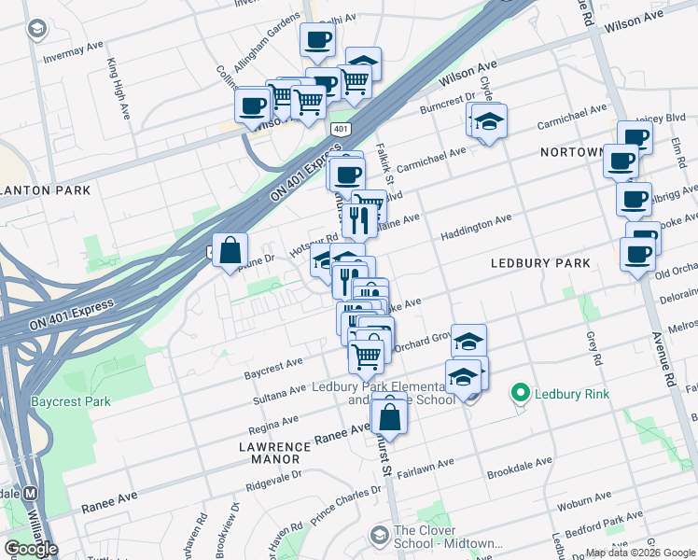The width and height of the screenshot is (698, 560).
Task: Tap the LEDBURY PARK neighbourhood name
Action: (540, 263)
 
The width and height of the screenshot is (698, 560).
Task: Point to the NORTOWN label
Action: (568, 152)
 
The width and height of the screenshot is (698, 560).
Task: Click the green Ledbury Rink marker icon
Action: (521, 394)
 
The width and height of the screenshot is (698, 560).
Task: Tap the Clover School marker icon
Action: (379, 535)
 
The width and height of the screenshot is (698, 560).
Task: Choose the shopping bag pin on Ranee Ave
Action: (390, 416)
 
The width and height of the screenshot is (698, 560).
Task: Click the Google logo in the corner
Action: (31, 549)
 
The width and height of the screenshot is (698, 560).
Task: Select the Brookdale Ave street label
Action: (516, 466)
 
